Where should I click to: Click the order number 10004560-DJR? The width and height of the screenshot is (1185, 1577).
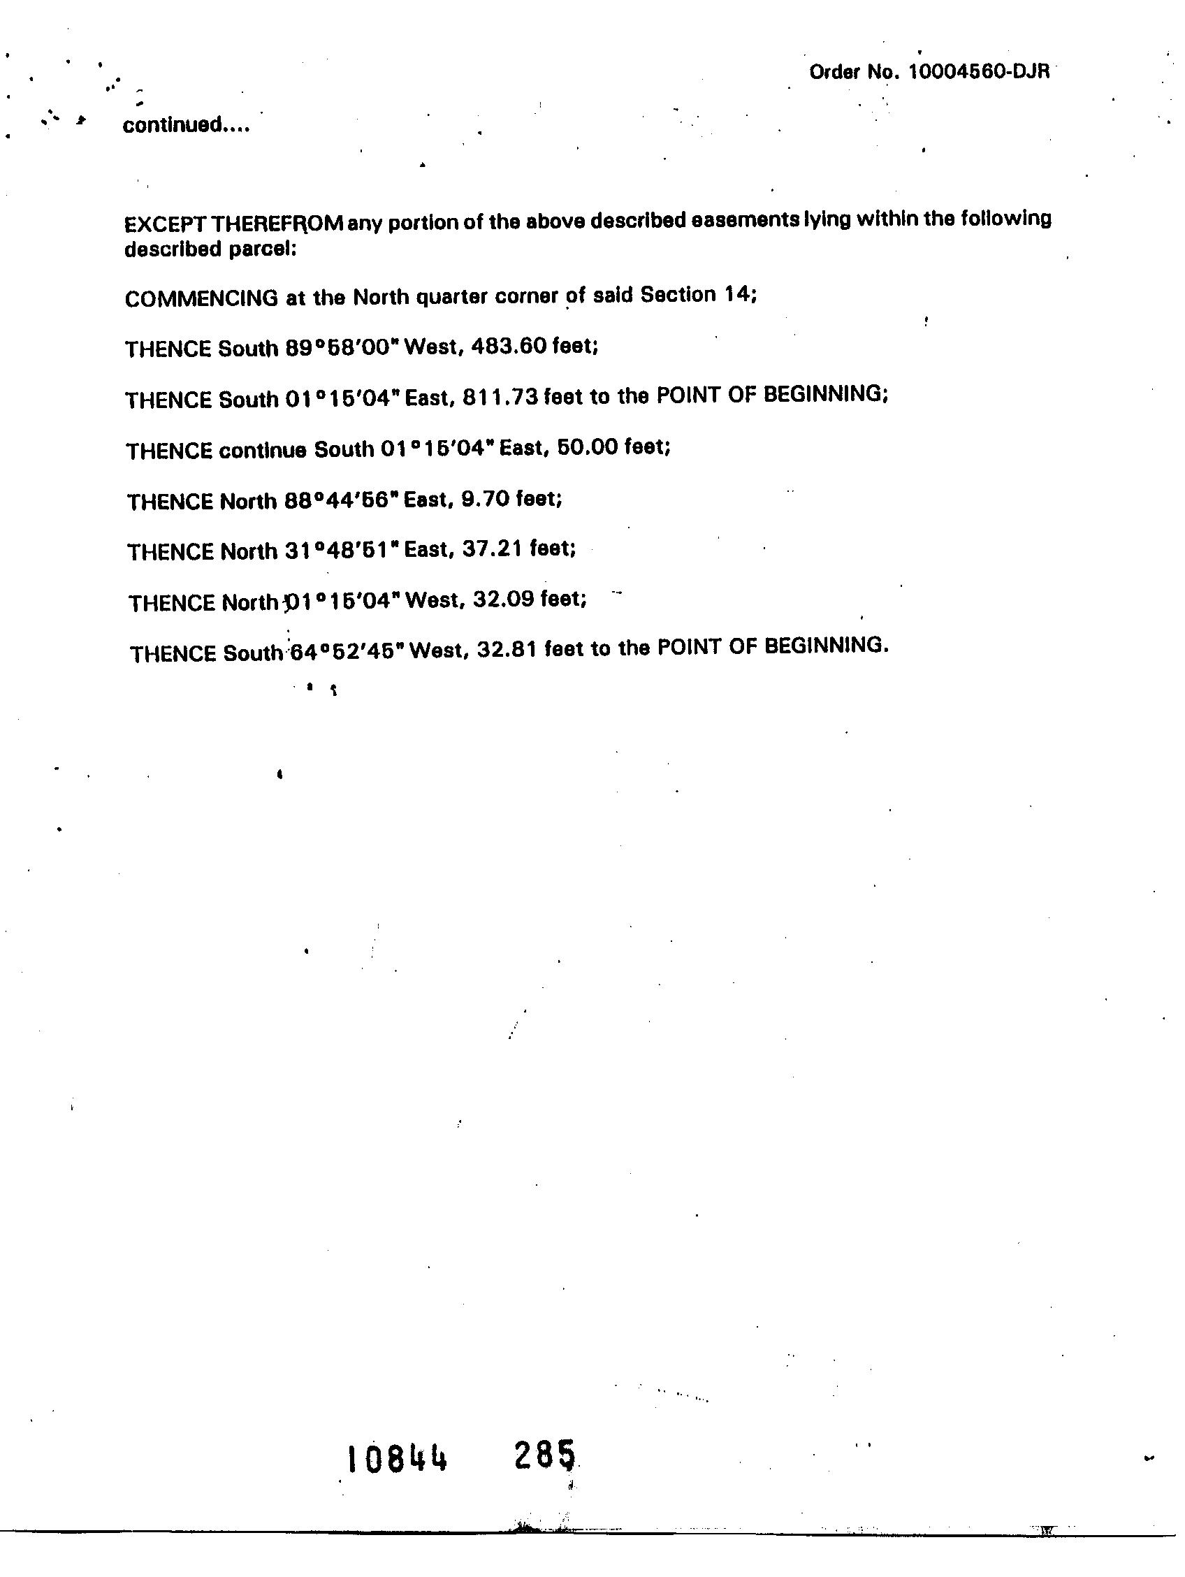click(x=978, y=73)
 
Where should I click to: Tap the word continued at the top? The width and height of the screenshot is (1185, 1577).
click(x=185, y=126)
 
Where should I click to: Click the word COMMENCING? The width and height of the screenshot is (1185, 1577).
click(x=201, y=299)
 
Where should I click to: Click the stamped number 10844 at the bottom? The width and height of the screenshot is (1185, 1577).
click(x=397, y=1460)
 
